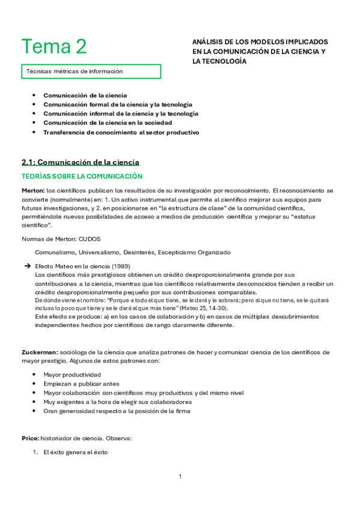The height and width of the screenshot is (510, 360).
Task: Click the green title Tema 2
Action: (x=54, y=46)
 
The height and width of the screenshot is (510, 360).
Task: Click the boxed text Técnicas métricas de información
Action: (x=75, y=72)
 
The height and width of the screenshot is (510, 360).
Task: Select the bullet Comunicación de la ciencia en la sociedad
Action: (x=111, y=123)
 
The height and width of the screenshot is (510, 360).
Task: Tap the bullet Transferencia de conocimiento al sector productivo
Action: (x=121, y=132)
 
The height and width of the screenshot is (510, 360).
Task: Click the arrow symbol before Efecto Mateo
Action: (x=27, y=266)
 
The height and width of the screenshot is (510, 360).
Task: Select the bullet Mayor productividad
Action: (x=72, y=375)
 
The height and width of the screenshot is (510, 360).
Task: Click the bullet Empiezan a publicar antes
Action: (x=81, y=384)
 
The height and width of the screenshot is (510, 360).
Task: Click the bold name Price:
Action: (x=31, y=439)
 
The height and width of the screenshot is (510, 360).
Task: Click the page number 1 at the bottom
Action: (x=180, y=477)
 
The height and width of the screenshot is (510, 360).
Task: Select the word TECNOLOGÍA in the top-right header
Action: (x=223, y=61)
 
